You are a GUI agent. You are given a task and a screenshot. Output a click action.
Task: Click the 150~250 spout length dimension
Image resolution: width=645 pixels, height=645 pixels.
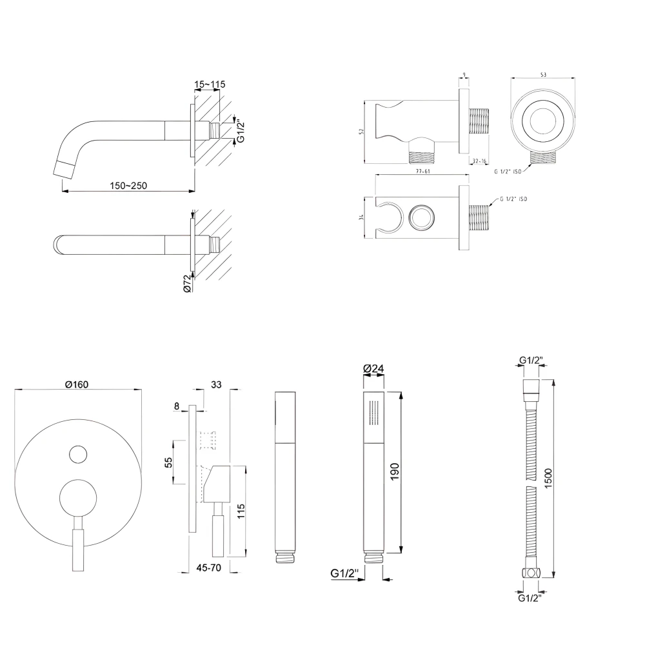click(128, 186)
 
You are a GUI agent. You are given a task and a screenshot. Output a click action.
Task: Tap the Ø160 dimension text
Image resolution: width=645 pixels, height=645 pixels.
click(76, 384)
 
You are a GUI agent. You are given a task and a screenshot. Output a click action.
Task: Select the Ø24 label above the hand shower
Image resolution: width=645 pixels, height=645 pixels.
click(373, 368)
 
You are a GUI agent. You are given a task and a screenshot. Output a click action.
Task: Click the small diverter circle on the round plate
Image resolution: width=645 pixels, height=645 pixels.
click(77, 454)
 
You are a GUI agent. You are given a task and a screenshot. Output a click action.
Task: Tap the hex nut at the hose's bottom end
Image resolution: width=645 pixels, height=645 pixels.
click(530, 572)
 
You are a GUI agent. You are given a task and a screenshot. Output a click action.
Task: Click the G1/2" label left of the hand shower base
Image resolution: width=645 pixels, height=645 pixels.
click(344, 573)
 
